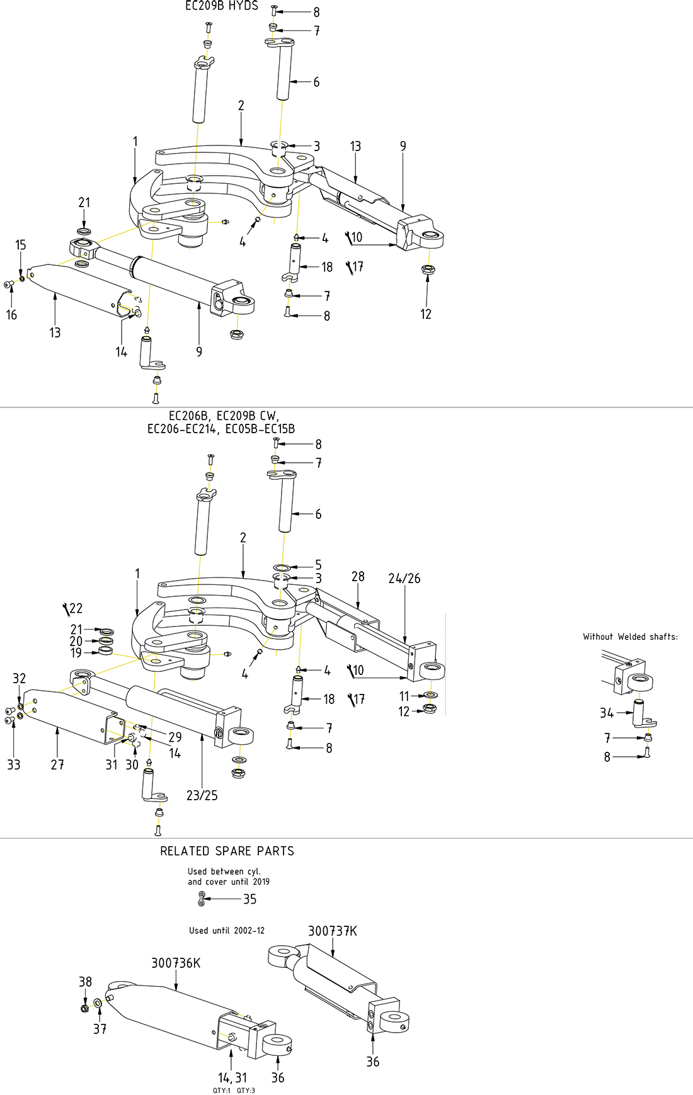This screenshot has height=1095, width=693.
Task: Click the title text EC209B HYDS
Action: [x=221, y=6]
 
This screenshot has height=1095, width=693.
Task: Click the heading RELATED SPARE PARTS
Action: [x=227, y=851]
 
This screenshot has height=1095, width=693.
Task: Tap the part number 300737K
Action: [x=332, y=931]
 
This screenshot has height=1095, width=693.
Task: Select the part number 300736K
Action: [x=176, y=963]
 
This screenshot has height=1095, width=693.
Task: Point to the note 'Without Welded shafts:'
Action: [x=630, y=637]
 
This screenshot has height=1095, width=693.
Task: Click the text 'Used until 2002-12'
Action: [x=227, y=931]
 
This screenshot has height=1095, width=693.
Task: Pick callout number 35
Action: [x=250, y=899]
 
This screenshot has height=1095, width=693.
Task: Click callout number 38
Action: [x=85, y=982]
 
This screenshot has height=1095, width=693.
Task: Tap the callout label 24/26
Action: [x=404, y=579]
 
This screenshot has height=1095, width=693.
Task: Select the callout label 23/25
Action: [x=202, y=795]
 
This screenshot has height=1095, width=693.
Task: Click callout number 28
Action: [x=358, y=577]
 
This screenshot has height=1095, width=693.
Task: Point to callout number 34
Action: [x=606, y=713]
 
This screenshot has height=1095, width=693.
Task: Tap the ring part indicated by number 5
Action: [x=281, y=568]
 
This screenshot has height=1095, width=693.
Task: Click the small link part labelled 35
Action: [x=201, y=899]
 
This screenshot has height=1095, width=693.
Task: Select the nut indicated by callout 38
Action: [x=84, y=1008]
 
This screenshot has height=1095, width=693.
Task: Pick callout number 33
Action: [x=14, y=764]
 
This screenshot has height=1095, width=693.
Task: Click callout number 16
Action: [x=11, y=315]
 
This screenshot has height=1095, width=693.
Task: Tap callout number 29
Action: [x=175, y=737]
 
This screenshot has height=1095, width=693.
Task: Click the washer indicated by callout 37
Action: [x=98, y=1003]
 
